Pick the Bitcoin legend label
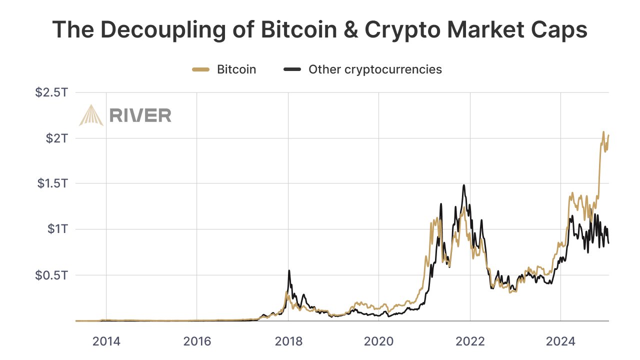pyautogui.click(x=236, y=69)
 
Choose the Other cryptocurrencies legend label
pyautogui.click(x=375, y=69)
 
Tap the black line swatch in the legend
pyautogui.click(x=292, y=69)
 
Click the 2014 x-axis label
pyautogui.click(x=106, y=342)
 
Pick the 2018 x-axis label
pyautogui.click(x=288, y=342)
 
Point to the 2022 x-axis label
pyautogui.click(x=470, y=342)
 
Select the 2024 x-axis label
pyautogui.click(x=561, y=342)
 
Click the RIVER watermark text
pyautogui.click(x=140, y=115)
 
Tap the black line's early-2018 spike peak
pyautogui.click(x=289, y=270)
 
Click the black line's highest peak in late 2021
pyautogui.click(x=464, y=185)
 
